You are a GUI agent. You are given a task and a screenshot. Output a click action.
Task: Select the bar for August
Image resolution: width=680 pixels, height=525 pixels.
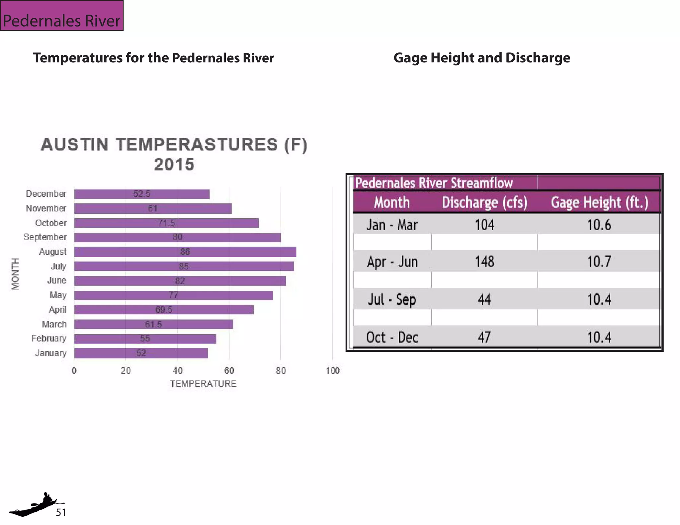[x=185, y=252]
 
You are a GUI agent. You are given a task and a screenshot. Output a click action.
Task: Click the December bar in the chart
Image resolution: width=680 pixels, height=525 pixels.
[x=142, y=194]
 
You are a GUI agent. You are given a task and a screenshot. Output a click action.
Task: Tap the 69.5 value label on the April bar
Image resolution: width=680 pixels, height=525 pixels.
[x=164, y=310]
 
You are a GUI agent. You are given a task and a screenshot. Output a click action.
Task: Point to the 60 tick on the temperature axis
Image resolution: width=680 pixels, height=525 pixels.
[x=229, y=371]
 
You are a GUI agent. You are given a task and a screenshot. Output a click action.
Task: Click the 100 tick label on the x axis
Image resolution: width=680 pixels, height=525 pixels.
[x=332, y=371]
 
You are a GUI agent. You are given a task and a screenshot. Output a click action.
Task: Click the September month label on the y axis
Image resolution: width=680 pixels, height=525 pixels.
[x=45, y=237]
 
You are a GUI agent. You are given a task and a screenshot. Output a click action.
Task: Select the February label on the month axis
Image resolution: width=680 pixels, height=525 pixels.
[x=49, y=338]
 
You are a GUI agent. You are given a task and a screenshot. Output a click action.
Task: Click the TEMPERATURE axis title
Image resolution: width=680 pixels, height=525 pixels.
[x=203, y=384]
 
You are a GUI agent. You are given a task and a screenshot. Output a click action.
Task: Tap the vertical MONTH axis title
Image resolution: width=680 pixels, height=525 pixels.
[x=15, y=274]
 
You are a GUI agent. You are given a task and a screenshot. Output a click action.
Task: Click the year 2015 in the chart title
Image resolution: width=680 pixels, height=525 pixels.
[x=174, y=165]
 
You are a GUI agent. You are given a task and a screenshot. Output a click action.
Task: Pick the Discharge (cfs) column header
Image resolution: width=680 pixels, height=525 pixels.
[x=484, y=202]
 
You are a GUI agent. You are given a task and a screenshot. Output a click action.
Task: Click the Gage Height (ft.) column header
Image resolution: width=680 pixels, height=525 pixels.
[x=599, y=202]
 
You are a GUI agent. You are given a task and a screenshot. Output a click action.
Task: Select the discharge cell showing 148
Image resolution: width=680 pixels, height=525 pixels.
[x=484, y=262]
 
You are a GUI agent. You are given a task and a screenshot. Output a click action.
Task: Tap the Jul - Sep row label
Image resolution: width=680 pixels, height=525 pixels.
[x=392, y=299]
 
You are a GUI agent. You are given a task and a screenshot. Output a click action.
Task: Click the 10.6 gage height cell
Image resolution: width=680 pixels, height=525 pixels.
[x=599, y=225]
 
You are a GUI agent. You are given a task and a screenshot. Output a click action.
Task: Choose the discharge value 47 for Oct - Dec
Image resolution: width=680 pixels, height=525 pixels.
[x=484, y=337]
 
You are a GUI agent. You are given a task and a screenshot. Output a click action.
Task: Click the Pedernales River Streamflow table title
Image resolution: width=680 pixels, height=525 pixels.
[x=434, y=183]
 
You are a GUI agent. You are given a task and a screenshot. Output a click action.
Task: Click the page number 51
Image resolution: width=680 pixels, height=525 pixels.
[x=61, y=512]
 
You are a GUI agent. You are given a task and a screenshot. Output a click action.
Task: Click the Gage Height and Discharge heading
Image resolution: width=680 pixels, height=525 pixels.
[x=482, y=58]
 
